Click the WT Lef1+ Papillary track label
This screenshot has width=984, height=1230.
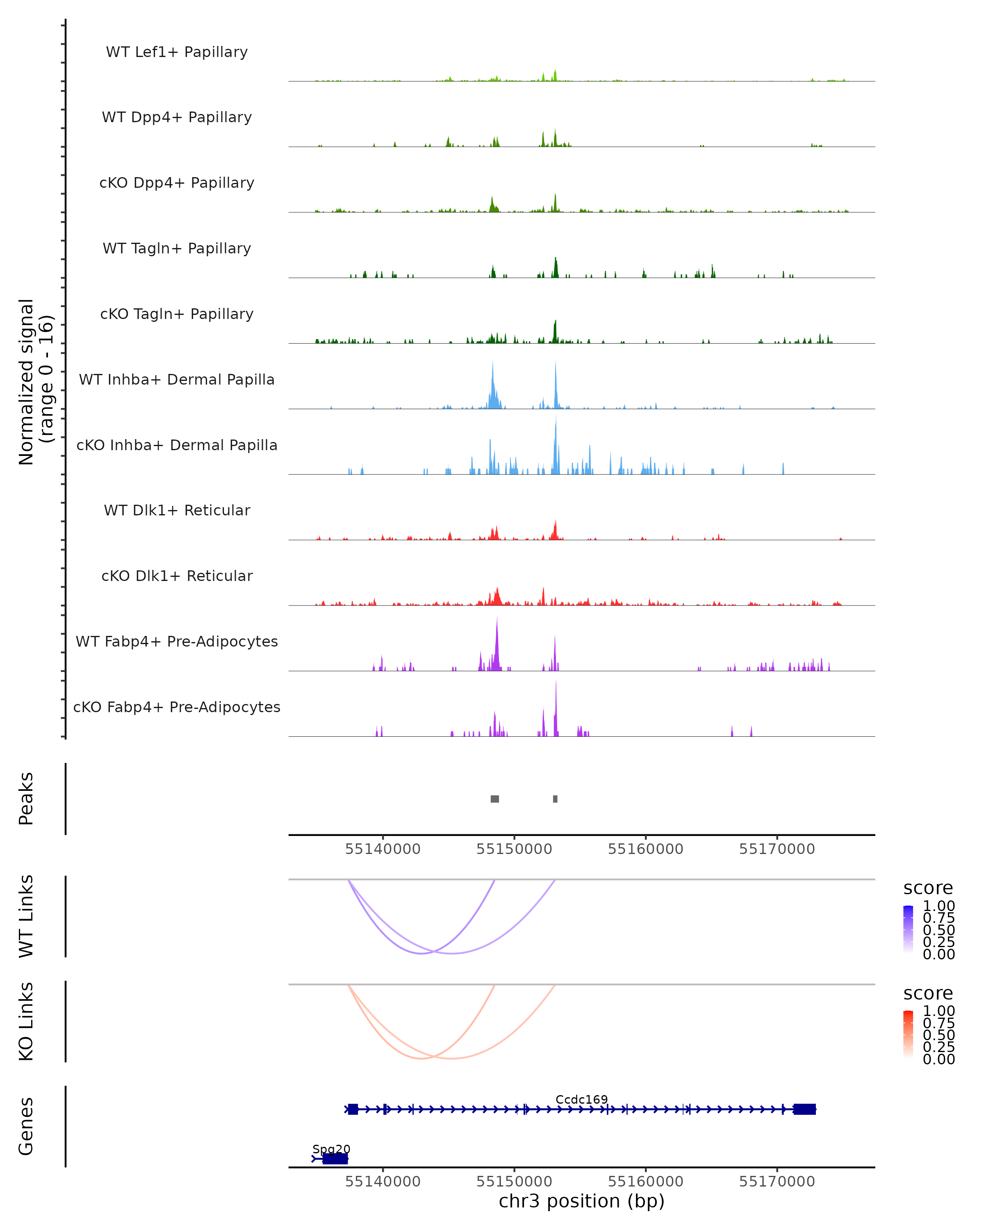click(177, 52)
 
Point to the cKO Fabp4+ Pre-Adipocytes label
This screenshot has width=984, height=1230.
click(177, 707)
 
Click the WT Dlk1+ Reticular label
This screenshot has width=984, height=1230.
click(177, 510)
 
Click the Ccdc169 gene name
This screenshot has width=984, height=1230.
click(581, 1099)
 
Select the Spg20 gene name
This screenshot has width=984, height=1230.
click(331, 1149)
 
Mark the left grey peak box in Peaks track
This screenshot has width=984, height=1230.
click(494, 799)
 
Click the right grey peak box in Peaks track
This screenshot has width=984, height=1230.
click(555, 799)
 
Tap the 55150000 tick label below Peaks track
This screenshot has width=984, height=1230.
click(514, 849)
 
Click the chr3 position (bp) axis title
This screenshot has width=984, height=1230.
click(581, 1201)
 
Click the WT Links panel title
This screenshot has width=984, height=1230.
click(26, 916)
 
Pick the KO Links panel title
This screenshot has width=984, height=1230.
click(26, 1021)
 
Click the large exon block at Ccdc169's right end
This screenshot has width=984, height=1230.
click(804, 1109)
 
